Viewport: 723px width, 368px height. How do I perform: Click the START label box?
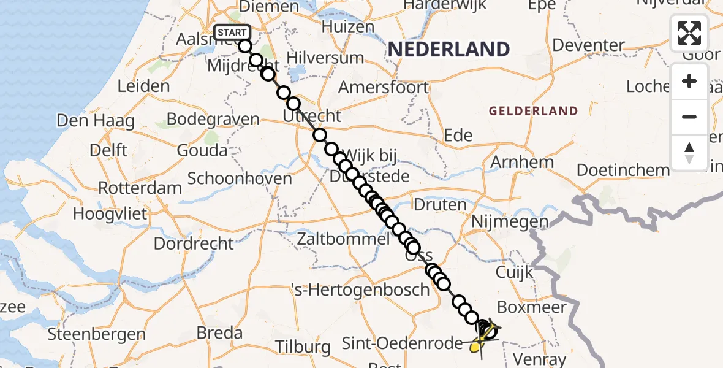pos(232,33)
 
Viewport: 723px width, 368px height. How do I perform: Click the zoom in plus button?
pos(689,82)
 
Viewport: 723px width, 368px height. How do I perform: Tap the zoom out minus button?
pos(689,117)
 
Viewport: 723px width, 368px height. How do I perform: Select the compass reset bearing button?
pos(689,152)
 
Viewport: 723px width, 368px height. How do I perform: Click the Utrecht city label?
pos(312,116)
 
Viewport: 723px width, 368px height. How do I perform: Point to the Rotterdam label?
pos(140,187)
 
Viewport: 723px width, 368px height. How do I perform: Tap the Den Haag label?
pos(96,120)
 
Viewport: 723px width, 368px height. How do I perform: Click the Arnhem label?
pos(522,163)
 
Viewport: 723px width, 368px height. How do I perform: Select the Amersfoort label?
pos(384,87)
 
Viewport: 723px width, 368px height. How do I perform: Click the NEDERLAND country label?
pos(449,49)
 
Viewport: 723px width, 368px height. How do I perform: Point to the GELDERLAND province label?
pos(533,111)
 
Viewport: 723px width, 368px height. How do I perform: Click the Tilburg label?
pos(303,347)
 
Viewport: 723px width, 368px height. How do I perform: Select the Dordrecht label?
pos(194,243)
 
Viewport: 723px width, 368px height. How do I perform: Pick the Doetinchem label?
pos(623,170)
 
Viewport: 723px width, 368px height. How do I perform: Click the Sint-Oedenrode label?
pos(402,342)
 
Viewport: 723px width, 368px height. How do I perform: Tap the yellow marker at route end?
pos(475,347)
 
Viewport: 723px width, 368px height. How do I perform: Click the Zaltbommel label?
pos(343,239)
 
